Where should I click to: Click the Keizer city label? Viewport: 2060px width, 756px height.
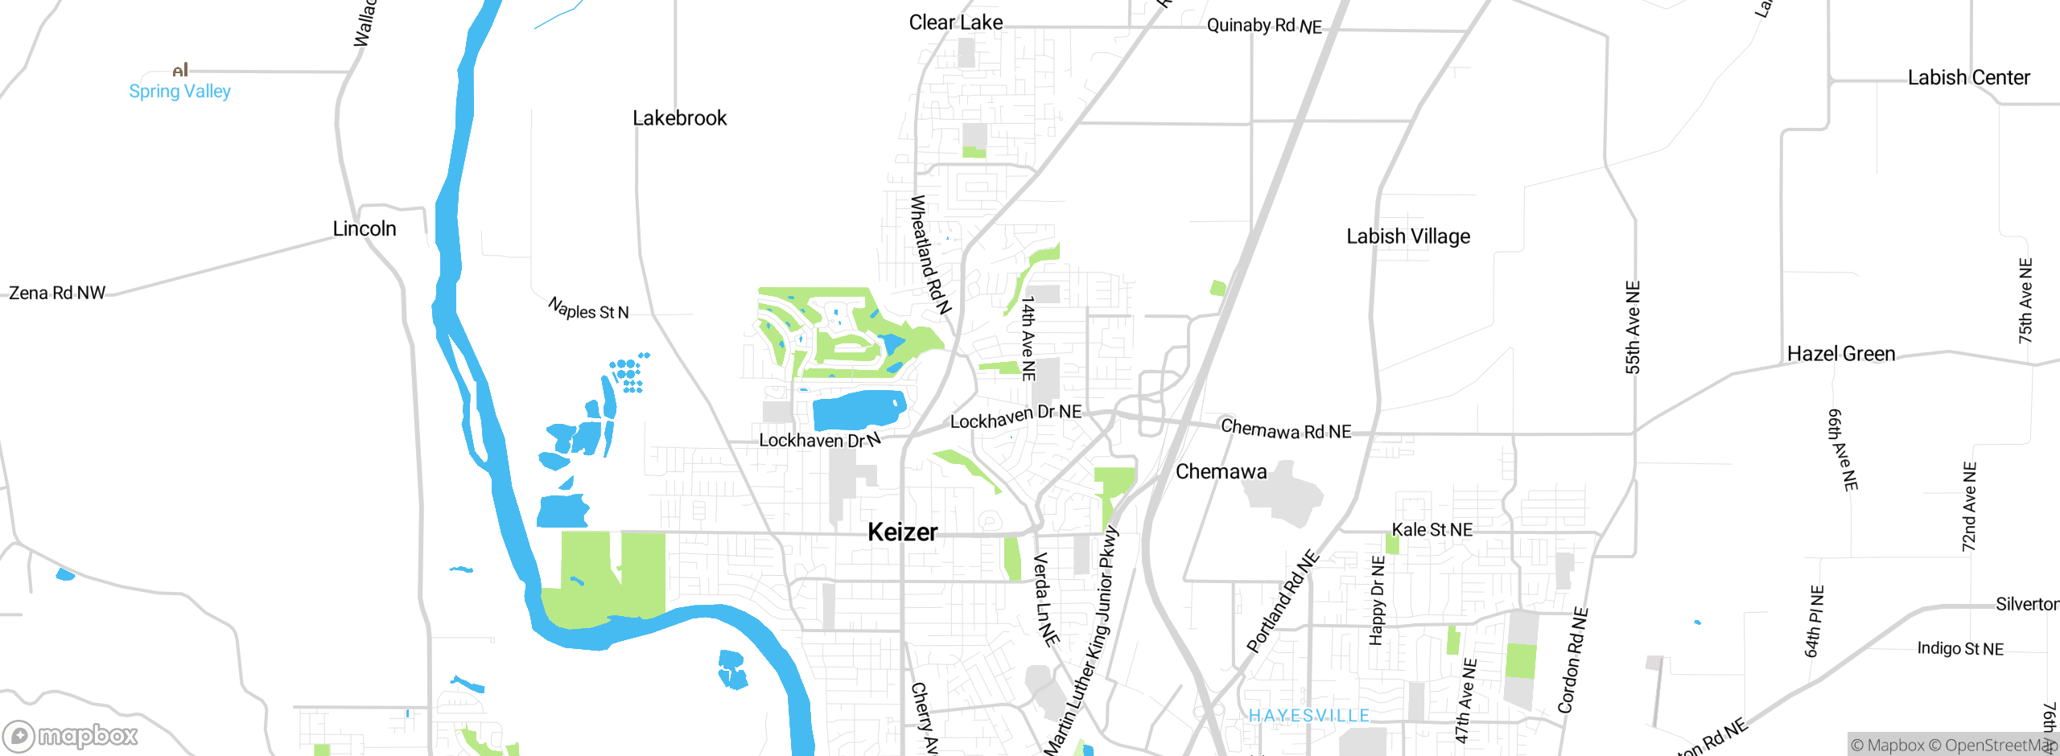902,532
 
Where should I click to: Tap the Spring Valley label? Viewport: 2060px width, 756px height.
179,91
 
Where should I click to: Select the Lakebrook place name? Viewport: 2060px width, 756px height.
679,118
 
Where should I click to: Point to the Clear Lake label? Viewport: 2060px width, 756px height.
955,23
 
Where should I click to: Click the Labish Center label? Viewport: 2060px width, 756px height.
1968,77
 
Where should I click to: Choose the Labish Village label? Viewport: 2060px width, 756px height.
1408,236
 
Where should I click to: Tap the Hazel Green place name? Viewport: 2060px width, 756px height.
1840,354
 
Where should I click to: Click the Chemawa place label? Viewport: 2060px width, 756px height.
1221,471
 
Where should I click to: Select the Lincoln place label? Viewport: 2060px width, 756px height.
365,228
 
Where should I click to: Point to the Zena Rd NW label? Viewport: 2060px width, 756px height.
57,293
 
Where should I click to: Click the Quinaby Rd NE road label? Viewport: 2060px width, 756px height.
1264,26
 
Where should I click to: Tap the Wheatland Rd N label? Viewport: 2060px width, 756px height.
930,254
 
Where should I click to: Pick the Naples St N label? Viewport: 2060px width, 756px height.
588,310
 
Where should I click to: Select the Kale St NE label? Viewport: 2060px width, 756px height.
1432,529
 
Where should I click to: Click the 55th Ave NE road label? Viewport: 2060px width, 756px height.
1633,327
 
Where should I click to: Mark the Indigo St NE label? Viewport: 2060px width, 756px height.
1960,648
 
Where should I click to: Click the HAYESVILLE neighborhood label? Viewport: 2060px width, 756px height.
1308,715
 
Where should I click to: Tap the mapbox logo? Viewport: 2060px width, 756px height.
71,735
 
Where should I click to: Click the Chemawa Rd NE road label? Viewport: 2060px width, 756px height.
1286,429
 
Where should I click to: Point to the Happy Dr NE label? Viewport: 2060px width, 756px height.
1377,600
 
